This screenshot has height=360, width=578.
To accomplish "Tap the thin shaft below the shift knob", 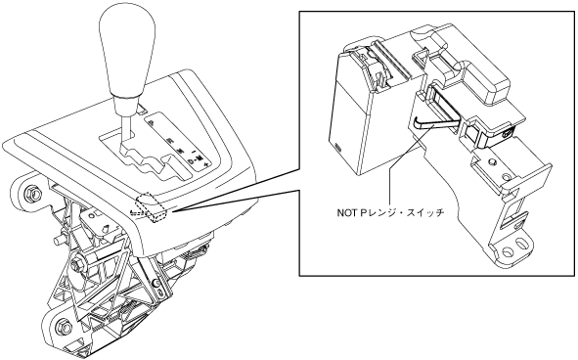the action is click(127, 128).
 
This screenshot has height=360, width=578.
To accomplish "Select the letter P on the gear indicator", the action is click(152, 123).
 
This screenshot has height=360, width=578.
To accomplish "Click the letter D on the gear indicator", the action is click(191, 161).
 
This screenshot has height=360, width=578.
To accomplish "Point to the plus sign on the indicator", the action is click(206, 163).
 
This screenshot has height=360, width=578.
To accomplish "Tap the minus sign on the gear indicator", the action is click(194, 152).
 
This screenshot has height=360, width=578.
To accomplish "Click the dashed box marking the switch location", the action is click(152, 208).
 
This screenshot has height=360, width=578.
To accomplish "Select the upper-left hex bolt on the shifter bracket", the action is click(29, 193).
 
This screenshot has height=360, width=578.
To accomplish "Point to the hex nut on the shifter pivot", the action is click(78, 262).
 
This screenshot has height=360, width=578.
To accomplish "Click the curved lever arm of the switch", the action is click(435, 123).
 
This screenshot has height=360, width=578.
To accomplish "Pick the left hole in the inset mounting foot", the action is click(508, 251).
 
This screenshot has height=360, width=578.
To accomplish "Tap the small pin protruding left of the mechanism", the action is click(59, 240).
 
